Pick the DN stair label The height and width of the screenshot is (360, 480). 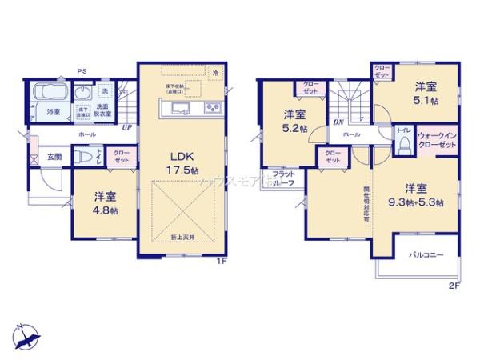point(338,122)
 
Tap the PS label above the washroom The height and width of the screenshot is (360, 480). point(82,71)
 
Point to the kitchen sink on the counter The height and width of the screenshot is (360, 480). point(178,108)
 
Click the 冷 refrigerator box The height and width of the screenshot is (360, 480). point(215,73)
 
